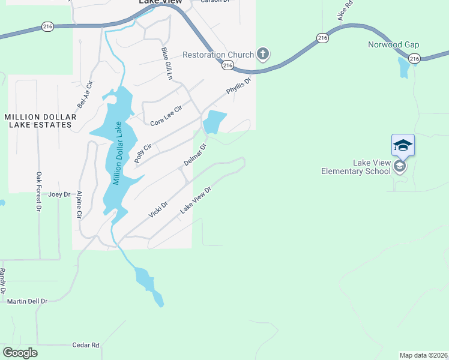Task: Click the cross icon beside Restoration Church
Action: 262,55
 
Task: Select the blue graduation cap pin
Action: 403,145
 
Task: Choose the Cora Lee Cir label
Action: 166,113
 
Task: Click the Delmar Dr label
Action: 194,155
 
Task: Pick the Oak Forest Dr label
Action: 38,192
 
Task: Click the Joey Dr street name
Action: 59,194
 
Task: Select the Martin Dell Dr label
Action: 27,301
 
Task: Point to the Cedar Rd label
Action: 85,345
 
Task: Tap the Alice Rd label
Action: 345,11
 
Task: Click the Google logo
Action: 20,353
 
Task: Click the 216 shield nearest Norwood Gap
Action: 414,58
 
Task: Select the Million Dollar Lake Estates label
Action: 38,121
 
